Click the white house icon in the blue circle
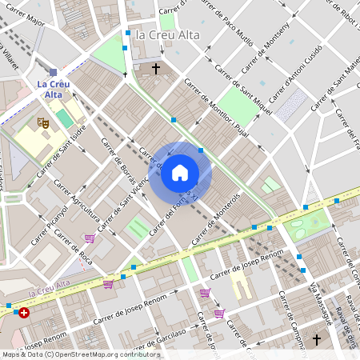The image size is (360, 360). point(180,173)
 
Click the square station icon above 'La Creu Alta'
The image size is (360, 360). point(54,72)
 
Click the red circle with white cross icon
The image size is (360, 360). point(24,313)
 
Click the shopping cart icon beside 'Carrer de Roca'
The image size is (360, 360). point(90,238)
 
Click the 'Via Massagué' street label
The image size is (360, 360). point(321,304)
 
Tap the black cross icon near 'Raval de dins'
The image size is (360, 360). point(316,340)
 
